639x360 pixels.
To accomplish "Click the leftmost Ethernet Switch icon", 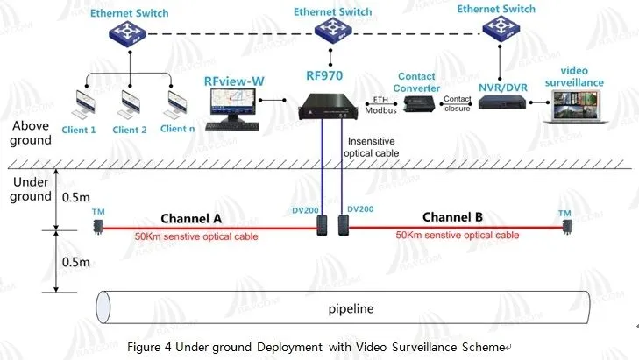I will [x=129, y=36].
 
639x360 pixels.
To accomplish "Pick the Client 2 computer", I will [x=131, y=103].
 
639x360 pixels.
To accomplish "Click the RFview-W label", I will [x=234, y=81].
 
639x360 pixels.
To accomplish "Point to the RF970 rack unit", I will [x=330, y=107].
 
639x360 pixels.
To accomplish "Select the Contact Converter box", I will [x=415, y=103].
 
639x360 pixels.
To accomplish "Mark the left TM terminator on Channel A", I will [x=99, y=227].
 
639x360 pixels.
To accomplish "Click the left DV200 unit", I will [x=323, y=225].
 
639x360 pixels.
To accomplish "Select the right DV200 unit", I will [x=342, y=225].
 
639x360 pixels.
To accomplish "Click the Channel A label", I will [x=190, y=217].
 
